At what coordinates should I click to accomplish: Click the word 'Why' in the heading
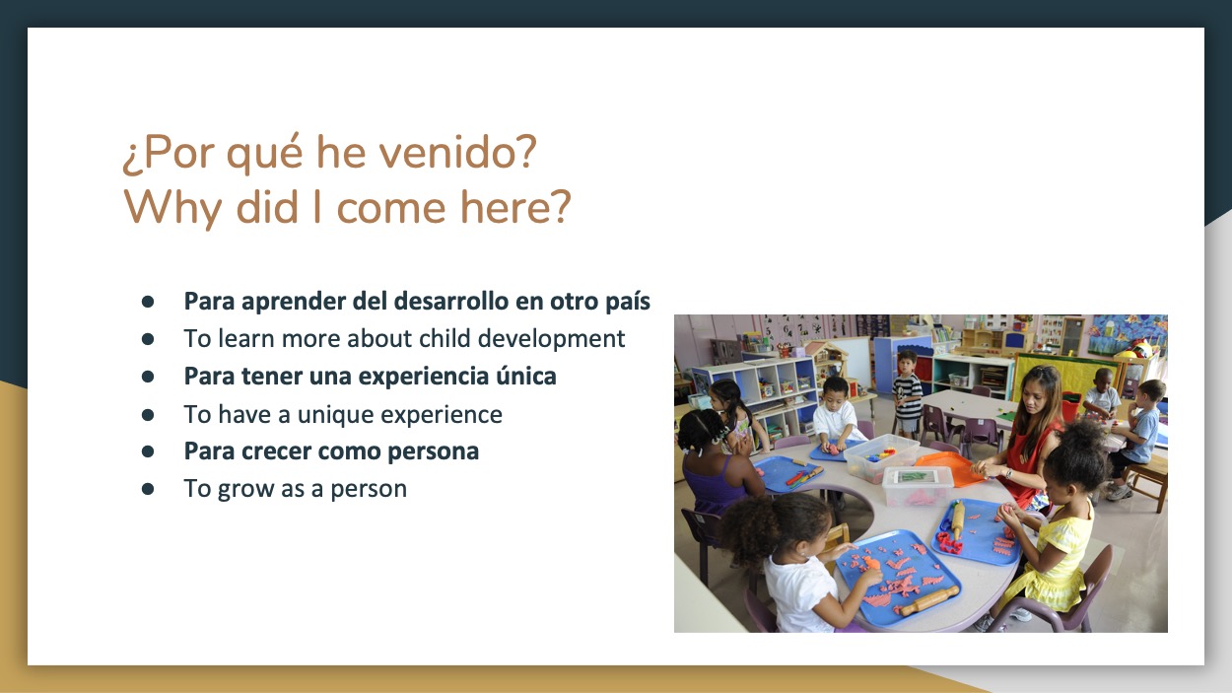click(172, 208)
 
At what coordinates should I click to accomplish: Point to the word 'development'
click(551, 339)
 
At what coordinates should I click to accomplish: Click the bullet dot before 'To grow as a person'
click(148, 489)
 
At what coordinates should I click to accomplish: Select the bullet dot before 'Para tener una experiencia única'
click(148, 377)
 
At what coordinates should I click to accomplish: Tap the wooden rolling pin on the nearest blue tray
click(929, 600)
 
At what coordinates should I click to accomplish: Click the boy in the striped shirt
click(907, 392)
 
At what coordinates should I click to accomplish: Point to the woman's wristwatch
click(1007, 473)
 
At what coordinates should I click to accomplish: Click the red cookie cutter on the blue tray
click(949, 543)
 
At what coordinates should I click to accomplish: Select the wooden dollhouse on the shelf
click(827, 362)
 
